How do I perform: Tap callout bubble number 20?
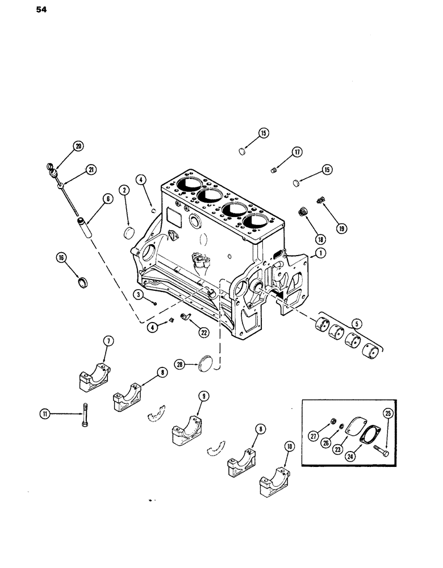tap(78, 147)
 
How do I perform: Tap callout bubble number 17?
tap(298, 152)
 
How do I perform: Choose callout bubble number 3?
tap(138, 294)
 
